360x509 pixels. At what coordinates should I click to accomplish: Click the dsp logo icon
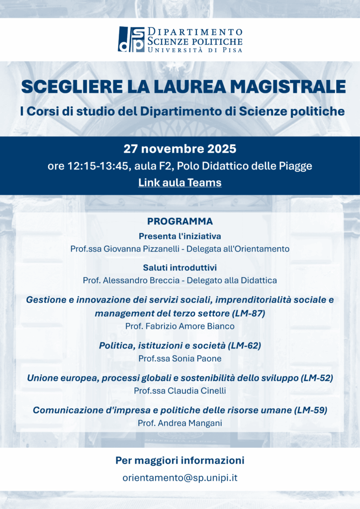pos(131,39)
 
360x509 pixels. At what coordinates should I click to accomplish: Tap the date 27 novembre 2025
pos(180,149)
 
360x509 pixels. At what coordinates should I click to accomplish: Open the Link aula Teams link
pos(180,182)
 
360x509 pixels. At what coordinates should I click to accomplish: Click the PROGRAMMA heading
pos(180,221)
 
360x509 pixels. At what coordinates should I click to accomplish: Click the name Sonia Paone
pos(197,358)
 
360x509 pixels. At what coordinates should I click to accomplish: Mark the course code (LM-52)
pos(317,378)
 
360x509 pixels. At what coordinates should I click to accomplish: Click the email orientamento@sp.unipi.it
pos(180,478)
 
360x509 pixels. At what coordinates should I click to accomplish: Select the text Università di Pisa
pos(194,50)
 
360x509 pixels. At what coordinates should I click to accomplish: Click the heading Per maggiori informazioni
pos(180,460)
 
